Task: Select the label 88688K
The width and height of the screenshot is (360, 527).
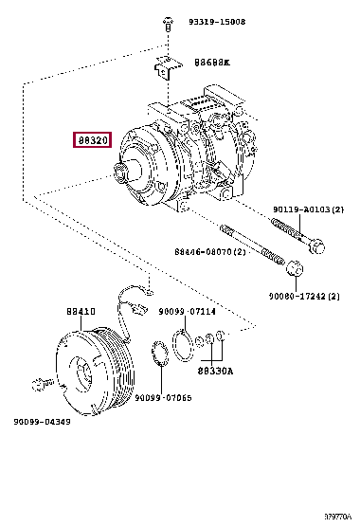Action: click(x=212, y=63)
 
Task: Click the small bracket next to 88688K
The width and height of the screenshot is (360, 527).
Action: click(x=167, y=68)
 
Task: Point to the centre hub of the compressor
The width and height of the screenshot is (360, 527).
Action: click(x=125, y=173)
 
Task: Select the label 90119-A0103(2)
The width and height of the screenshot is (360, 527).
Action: click(x=310, y=209)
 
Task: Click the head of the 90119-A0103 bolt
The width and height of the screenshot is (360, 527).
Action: click(x=317, y=247)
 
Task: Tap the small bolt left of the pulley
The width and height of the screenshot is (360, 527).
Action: click(x=40, y=384)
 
